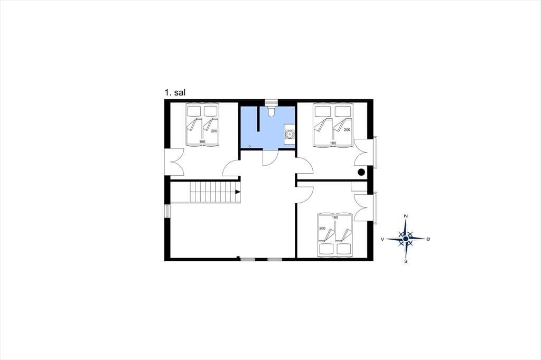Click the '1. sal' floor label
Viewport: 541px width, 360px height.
click(175, 92)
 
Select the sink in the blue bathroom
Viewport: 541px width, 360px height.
click(290, 134)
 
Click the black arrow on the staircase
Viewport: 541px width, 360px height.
click(238, 192)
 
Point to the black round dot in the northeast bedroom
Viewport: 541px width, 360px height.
click(361, 172)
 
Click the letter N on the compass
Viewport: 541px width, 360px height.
click(406, 216)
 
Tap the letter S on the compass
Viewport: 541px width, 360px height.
click(406, 261)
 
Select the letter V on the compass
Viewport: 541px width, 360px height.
click(383, 239)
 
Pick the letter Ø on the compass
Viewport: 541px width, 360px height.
click(428, 239)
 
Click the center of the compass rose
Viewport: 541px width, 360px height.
click(406, 239)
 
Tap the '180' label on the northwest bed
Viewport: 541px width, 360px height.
click(202, 141)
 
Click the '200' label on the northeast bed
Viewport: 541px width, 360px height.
click(347, 130)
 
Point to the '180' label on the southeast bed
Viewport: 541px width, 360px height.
click(335, 217)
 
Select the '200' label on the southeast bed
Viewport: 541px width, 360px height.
click(322, 228)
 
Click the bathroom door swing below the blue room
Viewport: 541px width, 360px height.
click(270, 158)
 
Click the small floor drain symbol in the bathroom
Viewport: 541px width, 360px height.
click(249, 146)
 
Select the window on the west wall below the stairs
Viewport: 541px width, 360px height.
click(167, 211)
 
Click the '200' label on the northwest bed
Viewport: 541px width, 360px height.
click(214, 131)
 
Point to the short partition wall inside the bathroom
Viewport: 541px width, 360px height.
click(258, 119)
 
